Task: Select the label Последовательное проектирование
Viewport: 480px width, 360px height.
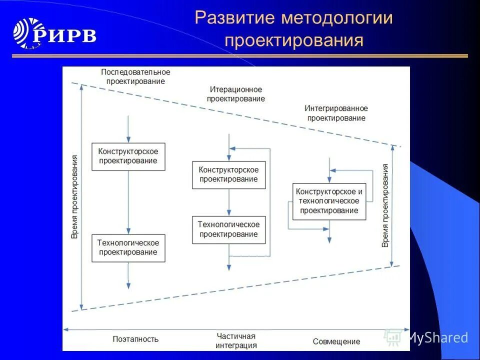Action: coord(135,76)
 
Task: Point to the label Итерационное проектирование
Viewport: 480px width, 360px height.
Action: coord(236,94)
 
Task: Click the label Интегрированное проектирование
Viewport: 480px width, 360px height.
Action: coord(336,113)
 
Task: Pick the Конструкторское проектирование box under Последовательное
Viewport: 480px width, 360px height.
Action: coord(128,156)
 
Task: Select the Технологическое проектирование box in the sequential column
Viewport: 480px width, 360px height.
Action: coord(128,247)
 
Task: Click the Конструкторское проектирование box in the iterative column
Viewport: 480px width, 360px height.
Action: coord(228,174)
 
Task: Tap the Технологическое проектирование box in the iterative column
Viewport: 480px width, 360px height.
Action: coord(228,229)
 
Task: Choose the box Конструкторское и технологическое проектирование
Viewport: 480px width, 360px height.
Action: coord(329,201)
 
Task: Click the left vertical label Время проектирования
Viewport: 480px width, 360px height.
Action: coord(74,196)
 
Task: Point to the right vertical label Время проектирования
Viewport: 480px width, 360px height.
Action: coord(385,205)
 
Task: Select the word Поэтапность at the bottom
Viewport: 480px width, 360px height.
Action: coord(135,339)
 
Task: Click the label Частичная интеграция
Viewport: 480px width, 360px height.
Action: coord(236,340)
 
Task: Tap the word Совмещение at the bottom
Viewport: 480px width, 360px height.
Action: coord(336,341)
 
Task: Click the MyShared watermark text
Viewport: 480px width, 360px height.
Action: coord(437,338)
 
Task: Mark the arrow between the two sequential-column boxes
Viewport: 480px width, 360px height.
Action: coord(128,202)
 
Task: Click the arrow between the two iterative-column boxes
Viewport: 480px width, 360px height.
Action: coord(228,202)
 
